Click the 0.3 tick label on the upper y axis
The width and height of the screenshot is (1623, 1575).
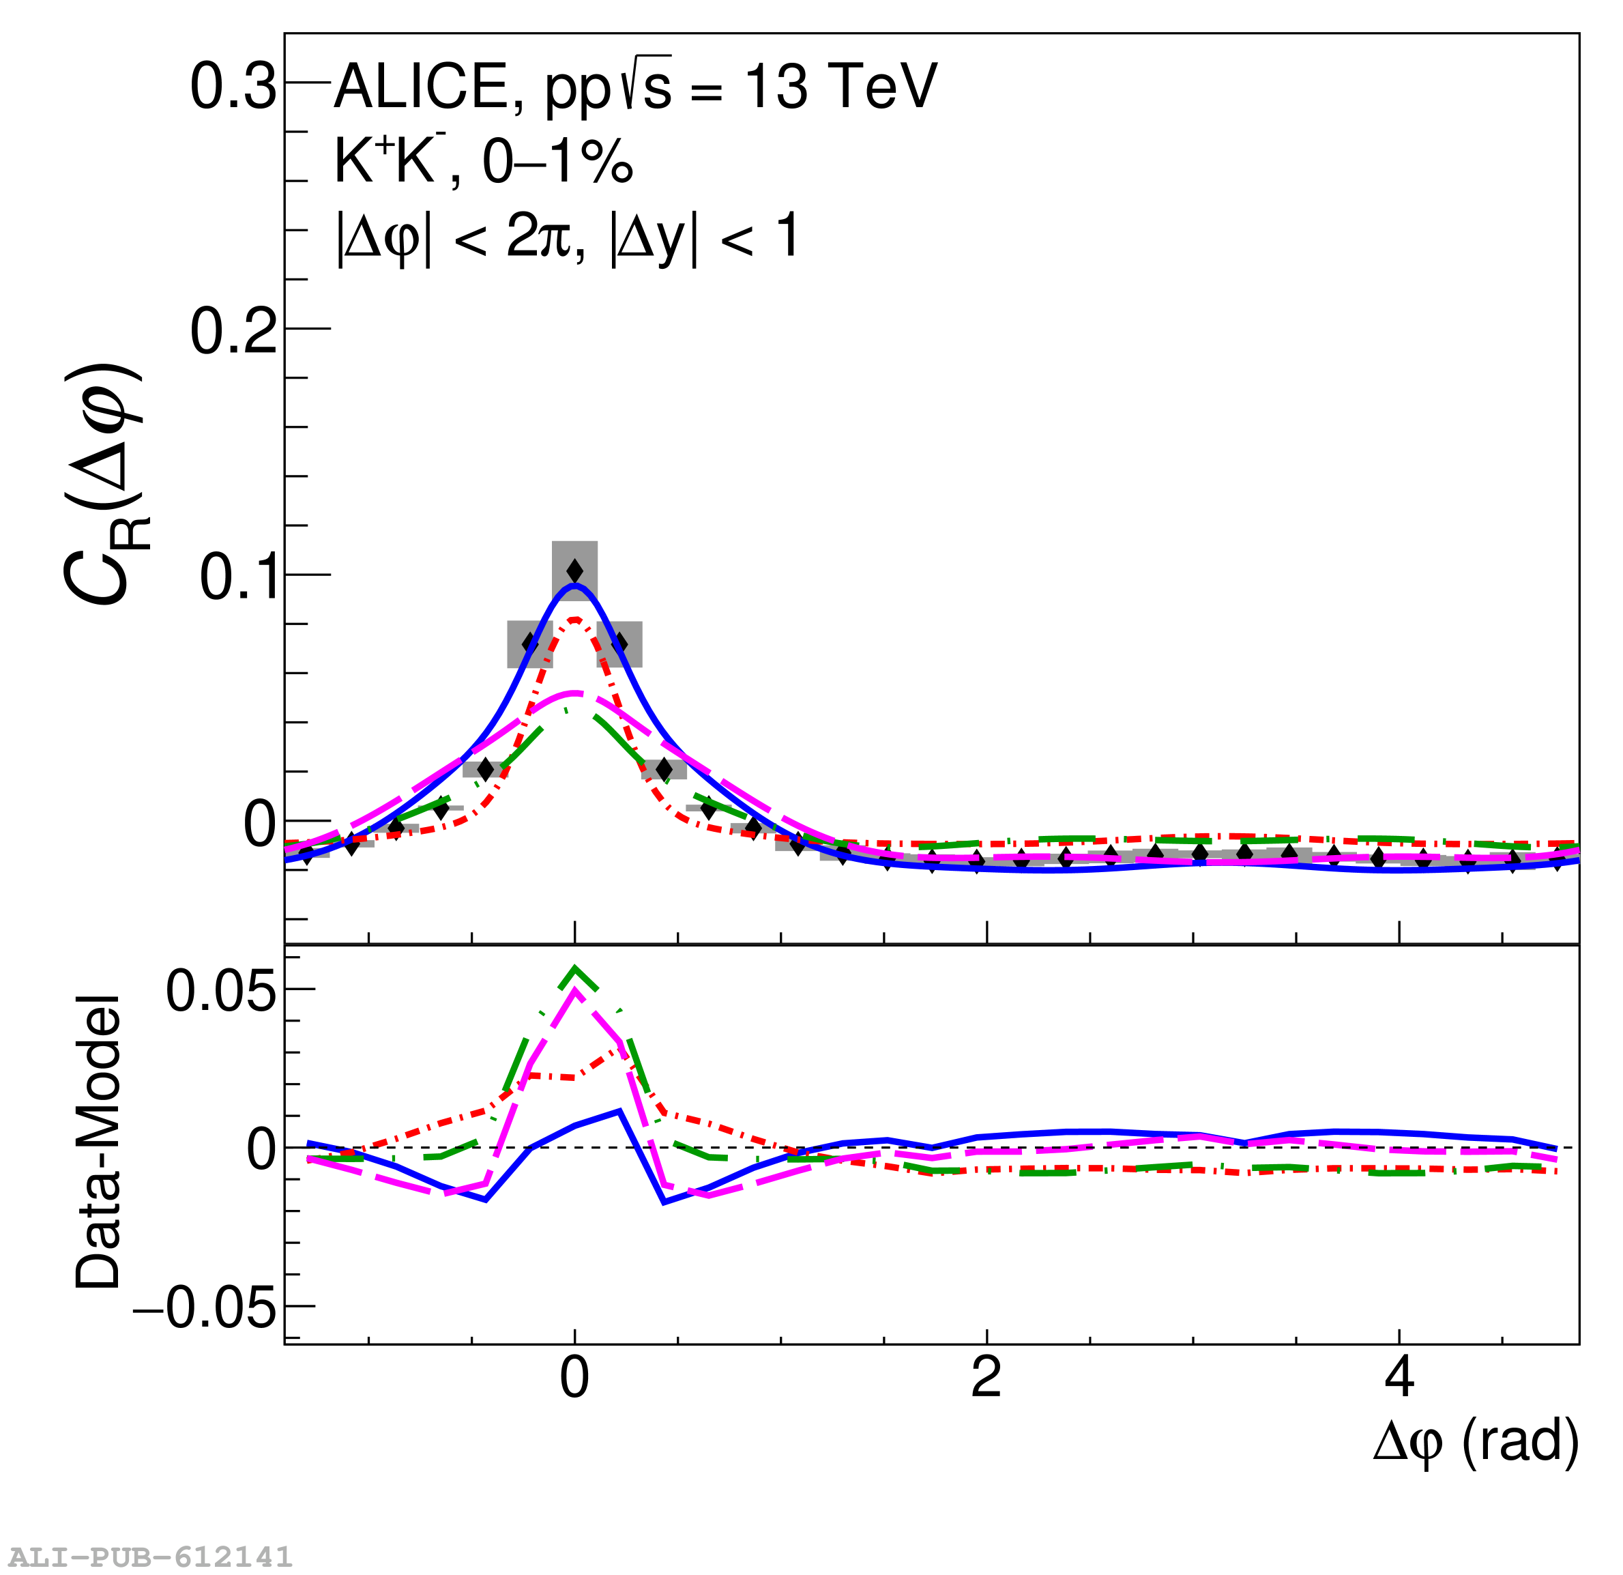point(233,87)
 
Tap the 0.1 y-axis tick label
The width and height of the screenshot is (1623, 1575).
point(237,577)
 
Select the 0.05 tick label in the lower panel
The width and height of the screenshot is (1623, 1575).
point(220,989)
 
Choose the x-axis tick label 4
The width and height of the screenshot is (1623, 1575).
point(1399,1378)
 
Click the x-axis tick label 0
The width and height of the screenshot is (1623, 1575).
point(574,1378)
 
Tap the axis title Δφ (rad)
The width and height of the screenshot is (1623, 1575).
point(1476,1443)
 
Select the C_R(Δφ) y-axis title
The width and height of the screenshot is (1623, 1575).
point(104,485)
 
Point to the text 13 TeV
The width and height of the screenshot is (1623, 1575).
point(840,86)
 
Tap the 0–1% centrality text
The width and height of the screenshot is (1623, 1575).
point(557,162)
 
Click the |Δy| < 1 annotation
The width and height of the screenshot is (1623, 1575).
point(704,237)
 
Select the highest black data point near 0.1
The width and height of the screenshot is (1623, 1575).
point(574,571)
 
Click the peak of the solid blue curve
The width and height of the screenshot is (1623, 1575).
point(574,586)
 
